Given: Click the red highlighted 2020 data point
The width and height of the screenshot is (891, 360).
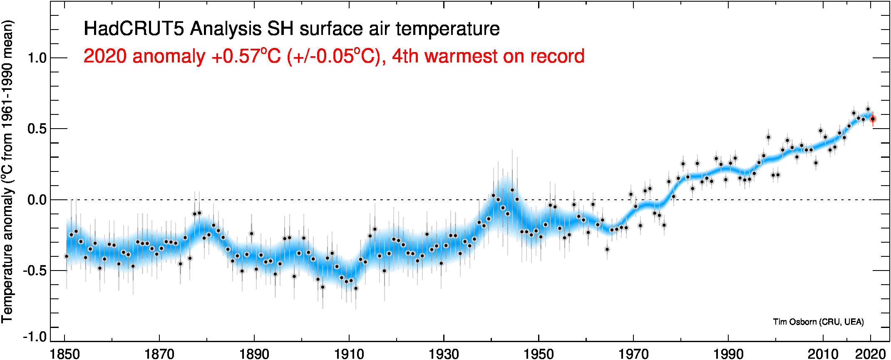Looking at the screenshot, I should [x=873, y=119].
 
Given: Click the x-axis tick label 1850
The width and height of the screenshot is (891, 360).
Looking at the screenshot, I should [x=65, y=354].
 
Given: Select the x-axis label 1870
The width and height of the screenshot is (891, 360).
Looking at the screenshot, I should [x=159, y=354].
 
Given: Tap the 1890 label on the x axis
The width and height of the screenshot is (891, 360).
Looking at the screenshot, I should [x=254, y=354].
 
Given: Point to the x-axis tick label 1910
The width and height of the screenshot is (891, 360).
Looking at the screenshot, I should [x=349, y=354].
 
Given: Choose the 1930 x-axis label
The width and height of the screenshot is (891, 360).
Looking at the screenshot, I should [x=444, y=354].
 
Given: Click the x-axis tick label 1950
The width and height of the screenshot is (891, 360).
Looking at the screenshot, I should [x=539, y=354].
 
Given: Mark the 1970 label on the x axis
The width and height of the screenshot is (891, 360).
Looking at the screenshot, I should [x=633, y=354].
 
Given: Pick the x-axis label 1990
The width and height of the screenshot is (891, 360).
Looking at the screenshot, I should [x=728, y=354].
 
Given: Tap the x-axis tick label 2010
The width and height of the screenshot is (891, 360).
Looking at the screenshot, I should [x=822, y=354].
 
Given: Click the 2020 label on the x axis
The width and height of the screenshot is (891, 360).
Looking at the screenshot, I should [x=870, y=354].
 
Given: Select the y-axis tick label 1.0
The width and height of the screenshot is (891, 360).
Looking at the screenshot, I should [x=37, y=58].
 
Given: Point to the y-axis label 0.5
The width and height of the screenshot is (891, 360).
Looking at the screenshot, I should [x=37, y=129].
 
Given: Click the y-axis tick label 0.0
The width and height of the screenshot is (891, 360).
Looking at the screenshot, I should [x=37, y=200].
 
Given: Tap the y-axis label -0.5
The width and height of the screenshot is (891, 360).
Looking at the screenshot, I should [x=35, y=271].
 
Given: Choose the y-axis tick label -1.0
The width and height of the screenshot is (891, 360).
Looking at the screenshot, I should [x=35, y=337].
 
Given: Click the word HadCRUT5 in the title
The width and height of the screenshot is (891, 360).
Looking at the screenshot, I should [x=134, y=29].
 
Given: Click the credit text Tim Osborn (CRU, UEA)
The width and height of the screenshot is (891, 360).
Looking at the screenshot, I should [x=818, y=322].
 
